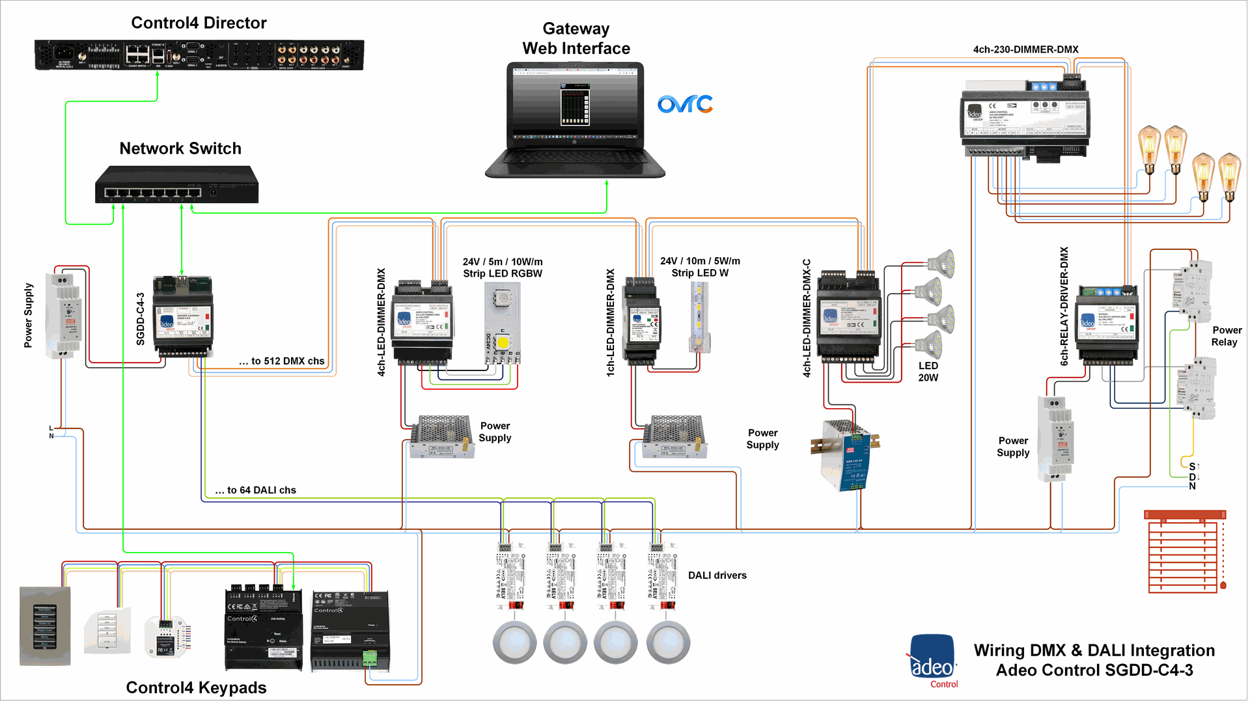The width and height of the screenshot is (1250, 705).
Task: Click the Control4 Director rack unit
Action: point(199,55)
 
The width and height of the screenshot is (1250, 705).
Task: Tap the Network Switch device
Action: point(176,185)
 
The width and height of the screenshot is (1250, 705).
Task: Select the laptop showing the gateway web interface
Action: point(575,120)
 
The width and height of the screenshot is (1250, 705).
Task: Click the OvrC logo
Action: point(685,104)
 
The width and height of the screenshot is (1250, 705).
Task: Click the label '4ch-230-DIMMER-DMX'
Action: point(1025,49)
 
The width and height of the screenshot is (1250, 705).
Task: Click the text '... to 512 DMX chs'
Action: point(281,361)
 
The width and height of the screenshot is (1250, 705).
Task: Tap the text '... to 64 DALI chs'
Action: point(255,490)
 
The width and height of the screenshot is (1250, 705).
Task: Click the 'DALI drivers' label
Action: point(717,575)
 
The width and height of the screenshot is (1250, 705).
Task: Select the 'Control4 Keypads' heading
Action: point(196,687)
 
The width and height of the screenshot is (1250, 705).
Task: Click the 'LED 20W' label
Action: point(928,372)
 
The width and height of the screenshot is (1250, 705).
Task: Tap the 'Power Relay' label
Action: point(1226,336)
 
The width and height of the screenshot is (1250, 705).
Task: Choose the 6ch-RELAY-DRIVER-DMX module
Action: point(1107,324)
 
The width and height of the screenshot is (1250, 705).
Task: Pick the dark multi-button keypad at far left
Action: point(45,626)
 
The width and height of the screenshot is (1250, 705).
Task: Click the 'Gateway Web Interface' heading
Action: point(576,38)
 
